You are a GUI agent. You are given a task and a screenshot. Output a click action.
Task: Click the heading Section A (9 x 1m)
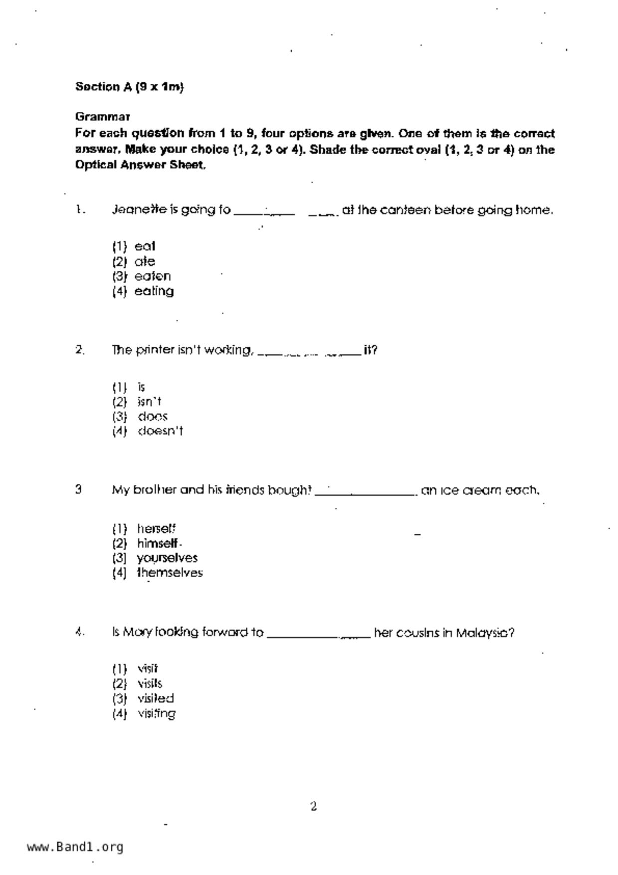129,87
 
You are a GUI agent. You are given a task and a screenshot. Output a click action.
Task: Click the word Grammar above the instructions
103,117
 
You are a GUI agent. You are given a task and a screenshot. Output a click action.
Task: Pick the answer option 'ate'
145,261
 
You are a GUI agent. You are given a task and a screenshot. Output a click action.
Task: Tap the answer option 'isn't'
149,402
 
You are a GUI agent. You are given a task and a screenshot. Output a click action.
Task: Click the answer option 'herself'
156,528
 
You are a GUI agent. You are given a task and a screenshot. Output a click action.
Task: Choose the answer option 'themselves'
170,573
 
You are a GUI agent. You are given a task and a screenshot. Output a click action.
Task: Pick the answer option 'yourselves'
167,558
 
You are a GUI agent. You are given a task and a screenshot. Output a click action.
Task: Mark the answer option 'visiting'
156,713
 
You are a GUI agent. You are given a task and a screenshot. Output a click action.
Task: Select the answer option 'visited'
156,698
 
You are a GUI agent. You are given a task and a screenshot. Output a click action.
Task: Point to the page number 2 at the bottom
313,806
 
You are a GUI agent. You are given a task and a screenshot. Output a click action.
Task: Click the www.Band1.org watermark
75,847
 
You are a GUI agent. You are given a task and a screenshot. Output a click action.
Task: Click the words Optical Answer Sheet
140,165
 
